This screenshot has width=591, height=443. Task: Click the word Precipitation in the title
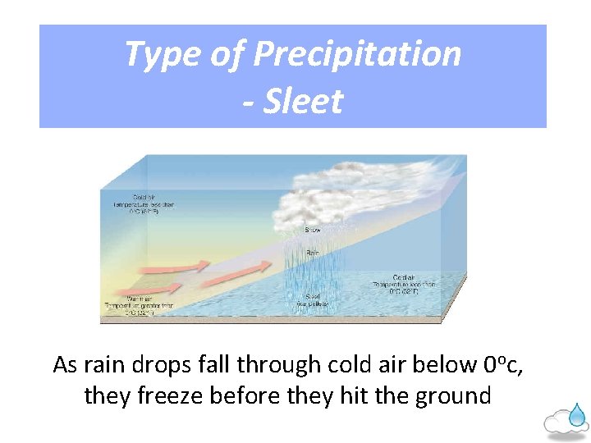tap(357, 54)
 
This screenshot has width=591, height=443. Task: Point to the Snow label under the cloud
tap(313, 231)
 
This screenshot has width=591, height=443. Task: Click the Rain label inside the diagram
tap(313, 254)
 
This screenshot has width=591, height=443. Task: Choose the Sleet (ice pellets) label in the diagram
tap(313, 299)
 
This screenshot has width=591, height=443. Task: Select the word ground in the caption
tap(455, 396)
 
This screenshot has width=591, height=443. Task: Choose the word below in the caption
tap(444, 364)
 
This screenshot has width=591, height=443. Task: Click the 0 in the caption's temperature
tap(490, 364)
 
